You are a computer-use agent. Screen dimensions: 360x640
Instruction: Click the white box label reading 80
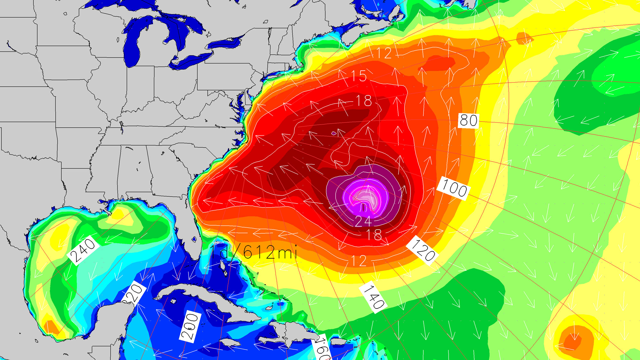pyautogui.click(x=468, y=121)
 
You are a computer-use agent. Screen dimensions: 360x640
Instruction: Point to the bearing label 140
pyautogui.click(x=374, y=297)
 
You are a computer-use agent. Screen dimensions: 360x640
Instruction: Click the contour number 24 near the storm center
pyautogui.click(x=363, y=221)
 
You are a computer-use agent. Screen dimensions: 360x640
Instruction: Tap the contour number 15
pyautogui.click(x=359, y=76)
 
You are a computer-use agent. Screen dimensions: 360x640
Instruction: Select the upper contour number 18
pyautogui.click(x=364, y=101)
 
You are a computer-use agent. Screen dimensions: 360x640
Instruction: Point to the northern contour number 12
pyautogui.click(x=384, y=53)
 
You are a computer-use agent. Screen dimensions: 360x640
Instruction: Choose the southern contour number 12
pyautogui.click(x=359, y=261)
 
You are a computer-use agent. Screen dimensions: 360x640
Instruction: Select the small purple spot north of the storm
pyautogui.click(x=334, y=133)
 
